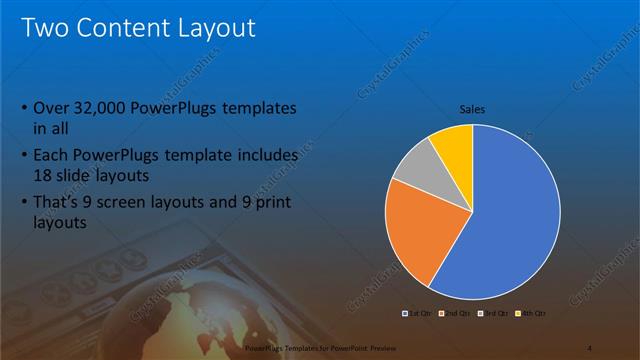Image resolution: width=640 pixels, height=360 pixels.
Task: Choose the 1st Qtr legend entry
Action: [410, 314]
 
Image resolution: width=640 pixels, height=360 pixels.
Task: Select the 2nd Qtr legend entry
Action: [446, 314]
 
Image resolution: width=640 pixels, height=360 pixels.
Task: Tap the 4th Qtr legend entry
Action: [530, 314]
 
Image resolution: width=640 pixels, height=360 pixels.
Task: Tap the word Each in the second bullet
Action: [51, 155]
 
